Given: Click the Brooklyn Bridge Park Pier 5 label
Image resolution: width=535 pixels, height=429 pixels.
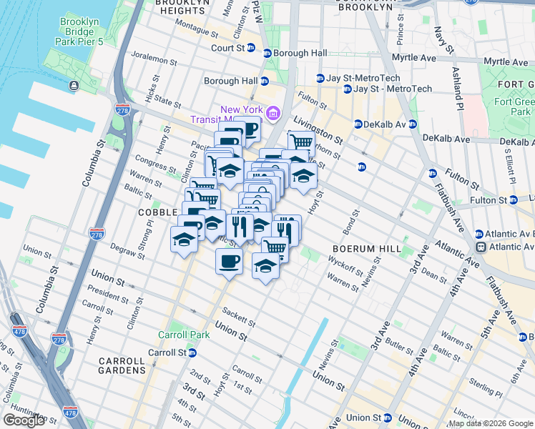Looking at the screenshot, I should [x=79, y=31].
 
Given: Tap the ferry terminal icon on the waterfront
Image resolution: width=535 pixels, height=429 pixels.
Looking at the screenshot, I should [x=74, y=86].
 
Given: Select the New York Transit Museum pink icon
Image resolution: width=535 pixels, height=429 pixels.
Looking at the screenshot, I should [x=273, y=113].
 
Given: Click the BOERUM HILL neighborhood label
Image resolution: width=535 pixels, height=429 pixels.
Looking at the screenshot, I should [x=360, y=248].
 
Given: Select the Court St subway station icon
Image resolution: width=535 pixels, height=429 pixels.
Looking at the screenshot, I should [x=267, y=53].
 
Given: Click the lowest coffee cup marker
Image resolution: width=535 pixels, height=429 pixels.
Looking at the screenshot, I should [x=229, y=262].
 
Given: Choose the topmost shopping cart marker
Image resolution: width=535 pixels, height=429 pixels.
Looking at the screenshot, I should [x=301, y=143].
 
